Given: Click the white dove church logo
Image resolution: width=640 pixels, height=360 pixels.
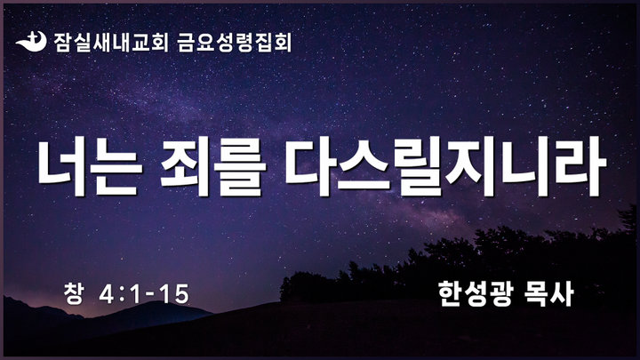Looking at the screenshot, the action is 31,42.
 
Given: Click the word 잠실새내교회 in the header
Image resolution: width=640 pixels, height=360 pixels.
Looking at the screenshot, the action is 111,42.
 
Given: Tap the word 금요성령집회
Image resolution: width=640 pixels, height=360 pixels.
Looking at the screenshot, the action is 235,43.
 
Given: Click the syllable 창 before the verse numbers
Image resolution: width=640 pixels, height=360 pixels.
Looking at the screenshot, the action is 74,293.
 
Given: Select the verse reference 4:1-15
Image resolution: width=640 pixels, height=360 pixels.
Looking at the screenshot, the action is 144,294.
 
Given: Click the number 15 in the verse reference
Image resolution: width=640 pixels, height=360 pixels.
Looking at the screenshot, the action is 174,294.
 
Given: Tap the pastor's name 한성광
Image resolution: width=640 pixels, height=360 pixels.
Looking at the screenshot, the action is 475,293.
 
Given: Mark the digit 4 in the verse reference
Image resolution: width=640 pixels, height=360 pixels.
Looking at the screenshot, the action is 107,294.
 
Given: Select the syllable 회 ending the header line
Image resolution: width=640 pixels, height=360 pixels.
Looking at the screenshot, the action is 283,43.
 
